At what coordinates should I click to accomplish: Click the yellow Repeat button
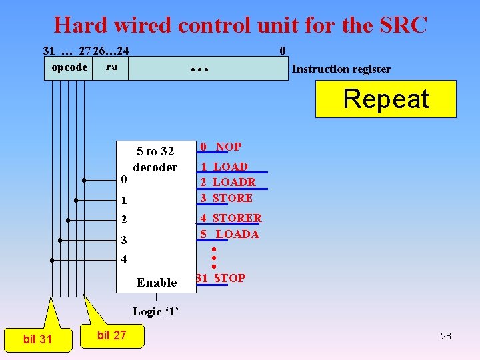385,99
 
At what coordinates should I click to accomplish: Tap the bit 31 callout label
37,339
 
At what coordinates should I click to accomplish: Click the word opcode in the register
69,67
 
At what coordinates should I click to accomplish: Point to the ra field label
111,66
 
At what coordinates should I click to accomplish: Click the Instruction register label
341,69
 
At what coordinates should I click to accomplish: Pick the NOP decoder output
228,147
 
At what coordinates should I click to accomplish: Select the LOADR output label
234,182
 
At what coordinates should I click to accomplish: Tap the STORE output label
232,198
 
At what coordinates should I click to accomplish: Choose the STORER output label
237,218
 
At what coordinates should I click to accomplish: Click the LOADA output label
237,234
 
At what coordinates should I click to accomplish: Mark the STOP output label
229,278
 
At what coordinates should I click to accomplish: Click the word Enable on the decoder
157,283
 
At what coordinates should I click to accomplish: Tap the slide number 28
446,336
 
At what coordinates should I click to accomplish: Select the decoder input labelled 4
123,259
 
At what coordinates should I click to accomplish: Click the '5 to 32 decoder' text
155,159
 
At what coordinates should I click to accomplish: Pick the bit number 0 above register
283,51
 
